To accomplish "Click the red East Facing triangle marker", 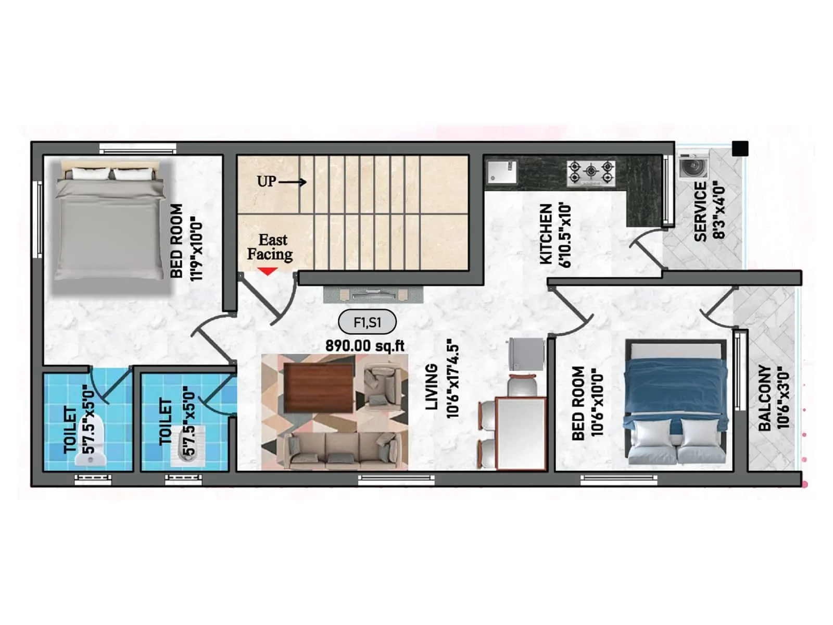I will (x=268, y=271).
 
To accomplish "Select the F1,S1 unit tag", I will (x=367, y=322).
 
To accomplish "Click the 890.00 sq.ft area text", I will (x=365, y=346).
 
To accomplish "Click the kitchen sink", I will (x=501, y=173).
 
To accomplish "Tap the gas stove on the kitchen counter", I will (x=591, y=173).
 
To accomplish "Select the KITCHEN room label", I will (x=546, y=234).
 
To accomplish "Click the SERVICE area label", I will (x=700, y=211).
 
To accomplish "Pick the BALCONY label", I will (x=764, y=397).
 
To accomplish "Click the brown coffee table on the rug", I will (x=319, y=387).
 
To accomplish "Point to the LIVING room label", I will (x=432, y=386).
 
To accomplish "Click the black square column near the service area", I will (x=740, y=148).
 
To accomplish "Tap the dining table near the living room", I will (x=521, y=432).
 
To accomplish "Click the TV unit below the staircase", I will (x=373, y=295).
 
